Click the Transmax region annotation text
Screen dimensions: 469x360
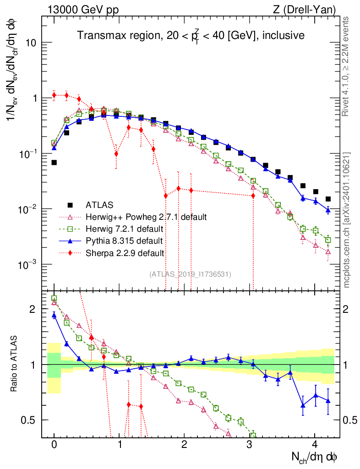(x=191, y=36)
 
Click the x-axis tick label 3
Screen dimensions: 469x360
(x=250, y=445)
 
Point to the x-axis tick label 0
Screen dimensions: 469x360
(x=54, y=445)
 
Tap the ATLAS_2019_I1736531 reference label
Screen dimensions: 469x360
(x=191, y=274)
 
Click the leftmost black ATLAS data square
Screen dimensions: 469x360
(x=54, y=163)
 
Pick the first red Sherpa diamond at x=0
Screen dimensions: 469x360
(x=54, y=95)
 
